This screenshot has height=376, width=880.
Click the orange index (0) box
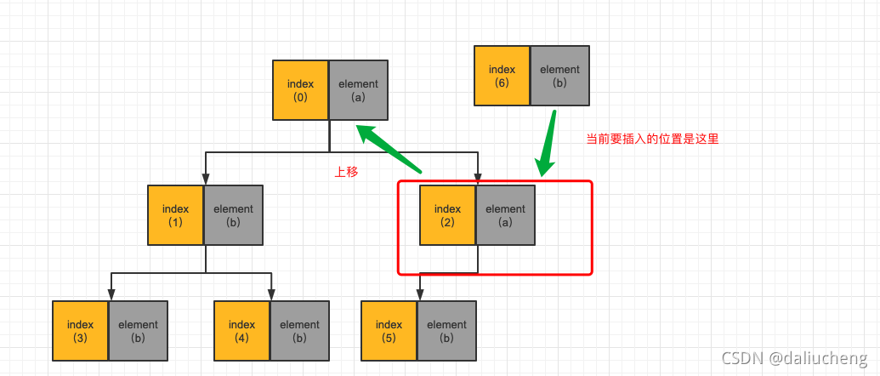coord(300,90)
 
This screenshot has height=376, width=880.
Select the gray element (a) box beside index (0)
coord(358,90)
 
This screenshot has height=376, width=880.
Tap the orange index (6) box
coord(502,76)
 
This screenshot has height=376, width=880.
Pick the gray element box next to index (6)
coord(559,76)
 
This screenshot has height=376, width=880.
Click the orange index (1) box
coord(175,215)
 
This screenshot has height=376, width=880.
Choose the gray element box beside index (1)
coord(233,215)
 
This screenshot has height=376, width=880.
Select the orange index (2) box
coord(447,215)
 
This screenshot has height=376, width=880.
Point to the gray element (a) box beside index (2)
coord(505,215)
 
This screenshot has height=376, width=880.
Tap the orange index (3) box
coord(80,330)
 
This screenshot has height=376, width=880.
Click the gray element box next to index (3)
coord(138,330)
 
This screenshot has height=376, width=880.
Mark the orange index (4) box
coord(241,330)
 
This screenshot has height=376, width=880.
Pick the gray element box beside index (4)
coord(299,330)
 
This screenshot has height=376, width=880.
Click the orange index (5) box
coord(389,330)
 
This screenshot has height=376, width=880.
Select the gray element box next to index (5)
coord(446,330)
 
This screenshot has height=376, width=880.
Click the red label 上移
coord(346,172)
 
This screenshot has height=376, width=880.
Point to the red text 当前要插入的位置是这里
coord(652,139)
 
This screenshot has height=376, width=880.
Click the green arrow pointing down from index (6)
coord(547,142)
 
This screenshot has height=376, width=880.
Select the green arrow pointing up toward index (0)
coord(391,150)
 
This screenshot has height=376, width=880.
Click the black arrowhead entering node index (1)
coord(205,179)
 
